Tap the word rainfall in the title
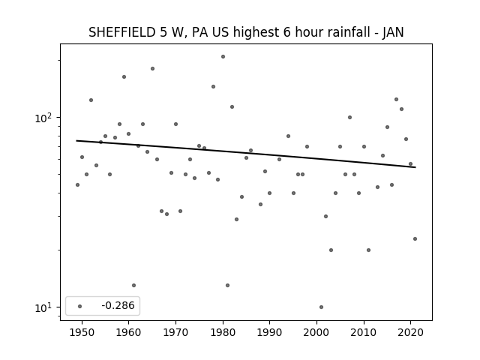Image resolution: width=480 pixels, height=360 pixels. point(350,32)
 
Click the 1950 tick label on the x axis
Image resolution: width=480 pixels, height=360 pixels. point(82,332)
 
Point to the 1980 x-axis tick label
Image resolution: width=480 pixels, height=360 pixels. point(223,332)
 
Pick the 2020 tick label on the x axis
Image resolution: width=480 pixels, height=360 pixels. point(411,332)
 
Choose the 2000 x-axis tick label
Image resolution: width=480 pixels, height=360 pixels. point(316,332)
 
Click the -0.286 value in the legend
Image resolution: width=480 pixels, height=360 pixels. point(118,305)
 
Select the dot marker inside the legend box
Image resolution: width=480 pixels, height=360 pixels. point(80,306)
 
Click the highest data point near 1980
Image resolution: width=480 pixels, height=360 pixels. point(223,57)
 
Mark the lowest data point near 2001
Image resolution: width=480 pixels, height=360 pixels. point(321,307)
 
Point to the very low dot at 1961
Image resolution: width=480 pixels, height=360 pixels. point(133,285)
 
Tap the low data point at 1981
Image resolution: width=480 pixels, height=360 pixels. point(227,285)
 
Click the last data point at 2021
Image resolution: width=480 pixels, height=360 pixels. point(415,238)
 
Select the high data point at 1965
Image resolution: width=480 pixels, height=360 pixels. point(152,68)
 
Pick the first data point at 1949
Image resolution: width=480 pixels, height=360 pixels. point(77,184)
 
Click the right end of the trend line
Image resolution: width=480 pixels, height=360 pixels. point(415,167)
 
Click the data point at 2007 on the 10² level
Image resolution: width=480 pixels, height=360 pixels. point(349,117)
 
